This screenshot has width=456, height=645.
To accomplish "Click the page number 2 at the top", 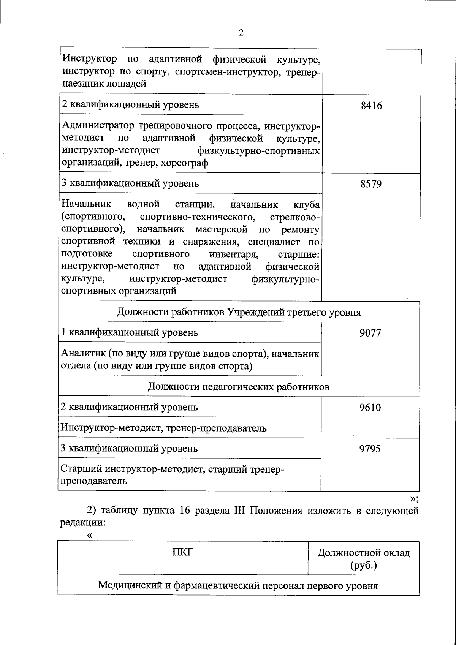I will (x=241, y=33).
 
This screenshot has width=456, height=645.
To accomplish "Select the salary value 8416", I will (x=371, y=106).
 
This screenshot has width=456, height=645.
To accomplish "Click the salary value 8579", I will (x=371, y=184).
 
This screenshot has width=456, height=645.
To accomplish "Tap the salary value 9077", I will (x=370, y=333).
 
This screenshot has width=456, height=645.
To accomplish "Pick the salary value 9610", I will (x=370, y=408).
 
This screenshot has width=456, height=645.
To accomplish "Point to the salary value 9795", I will (x=370, y=449).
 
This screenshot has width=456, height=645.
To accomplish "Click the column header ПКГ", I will (x=183, y=552).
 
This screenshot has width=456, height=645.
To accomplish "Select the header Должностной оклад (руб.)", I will (x=364, y=558).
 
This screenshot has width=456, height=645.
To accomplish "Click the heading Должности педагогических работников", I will (x=239, y=387).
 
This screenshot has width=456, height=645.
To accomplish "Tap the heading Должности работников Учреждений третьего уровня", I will (x=239, y=312).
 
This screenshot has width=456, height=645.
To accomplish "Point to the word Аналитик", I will (x=82, y=354).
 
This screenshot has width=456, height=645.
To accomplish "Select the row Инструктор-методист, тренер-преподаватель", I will (x=164, y=428).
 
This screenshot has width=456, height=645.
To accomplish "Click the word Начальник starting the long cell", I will (x=86, y=204).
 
